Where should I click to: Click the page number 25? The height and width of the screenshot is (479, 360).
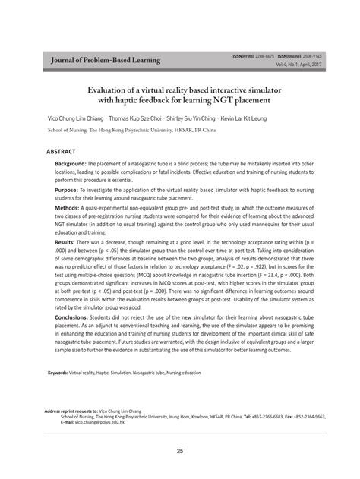pos(180,452)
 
